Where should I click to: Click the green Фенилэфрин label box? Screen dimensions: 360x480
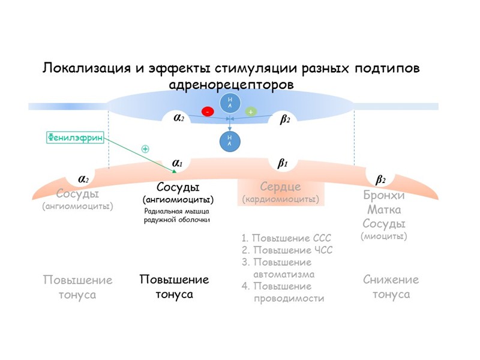point(74,137)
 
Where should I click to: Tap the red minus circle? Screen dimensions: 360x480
point(208,112)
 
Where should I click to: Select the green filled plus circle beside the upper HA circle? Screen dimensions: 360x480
point(251,112)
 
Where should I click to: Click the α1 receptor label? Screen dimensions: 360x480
point(178,163)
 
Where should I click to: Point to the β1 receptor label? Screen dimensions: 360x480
point(283,163)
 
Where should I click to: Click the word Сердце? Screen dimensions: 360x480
point(280,187)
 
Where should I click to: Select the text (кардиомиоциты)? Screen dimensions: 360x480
point(280,199)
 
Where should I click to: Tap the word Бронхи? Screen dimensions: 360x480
point(384,196)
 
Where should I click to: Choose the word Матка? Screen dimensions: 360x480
point(384,210)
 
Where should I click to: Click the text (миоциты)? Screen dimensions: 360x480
point(384,236)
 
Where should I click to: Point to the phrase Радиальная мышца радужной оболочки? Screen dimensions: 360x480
point(177,215)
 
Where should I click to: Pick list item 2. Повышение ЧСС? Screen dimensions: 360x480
point(286,250)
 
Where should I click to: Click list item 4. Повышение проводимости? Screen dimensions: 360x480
point(283,292)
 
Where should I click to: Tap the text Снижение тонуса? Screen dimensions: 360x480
point(391,287)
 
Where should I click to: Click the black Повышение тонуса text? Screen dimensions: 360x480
point(174,287)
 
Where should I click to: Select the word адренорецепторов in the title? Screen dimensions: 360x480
point(232,83)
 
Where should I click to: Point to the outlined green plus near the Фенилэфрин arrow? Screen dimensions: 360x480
point(145,148)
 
